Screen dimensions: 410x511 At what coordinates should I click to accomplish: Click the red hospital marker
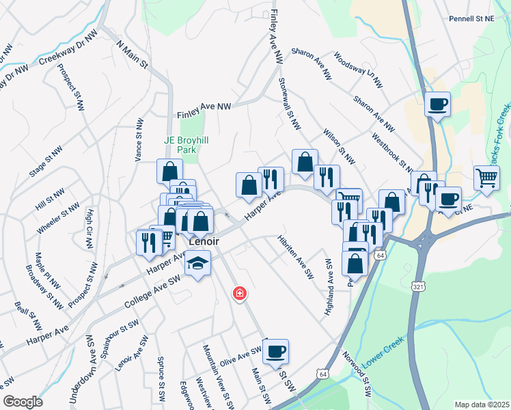[x=239, y=294]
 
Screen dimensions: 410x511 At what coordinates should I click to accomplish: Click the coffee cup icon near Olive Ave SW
[x=276, y=351]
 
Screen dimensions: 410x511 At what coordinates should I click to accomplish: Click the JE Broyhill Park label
[x=186, y=144]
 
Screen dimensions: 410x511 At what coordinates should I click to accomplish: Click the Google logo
[x=23, y=402]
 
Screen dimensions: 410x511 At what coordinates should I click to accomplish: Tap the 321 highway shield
[x=417, y=286]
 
